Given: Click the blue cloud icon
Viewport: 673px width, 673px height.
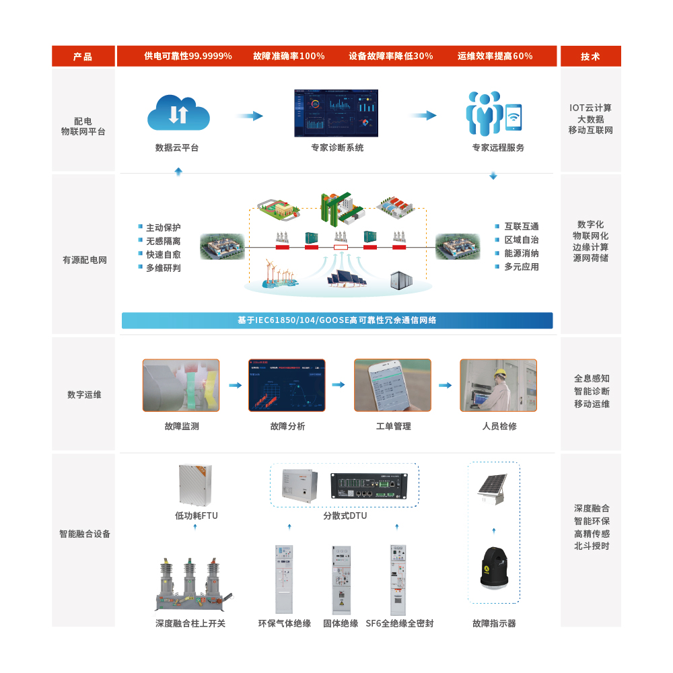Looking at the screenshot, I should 178,113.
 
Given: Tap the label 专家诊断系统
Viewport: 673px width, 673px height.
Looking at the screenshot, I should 337,147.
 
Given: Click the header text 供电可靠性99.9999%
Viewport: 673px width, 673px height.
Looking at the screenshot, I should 188,56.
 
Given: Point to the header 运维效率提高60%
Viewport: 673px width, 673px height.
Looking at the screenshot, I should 495,56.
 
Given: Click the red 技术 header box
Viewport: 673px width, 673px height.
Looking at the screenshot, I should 590,57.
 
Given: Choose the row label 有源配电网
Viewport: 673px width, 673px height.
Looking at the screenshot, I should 85,260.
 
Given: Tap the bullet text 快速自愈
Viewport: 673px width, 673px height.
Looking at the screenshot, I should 164,254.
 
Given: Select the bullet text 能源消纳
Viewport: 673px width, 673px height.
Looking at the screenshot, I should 522,253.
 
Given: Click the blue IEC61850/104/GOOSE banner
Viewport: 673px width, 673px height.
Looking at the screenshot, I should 336,320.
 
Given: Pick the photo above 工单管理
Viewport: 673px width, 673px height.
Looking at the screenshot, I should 392,385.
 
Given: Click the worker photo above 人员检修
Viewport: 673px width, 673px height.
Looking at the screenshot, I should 498,385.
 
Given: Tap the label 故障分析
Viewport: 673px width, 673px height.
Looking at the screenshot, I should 287,426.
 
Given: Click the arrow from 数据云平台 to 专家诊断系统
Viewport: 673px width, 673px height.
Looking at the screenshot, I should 249,116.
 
